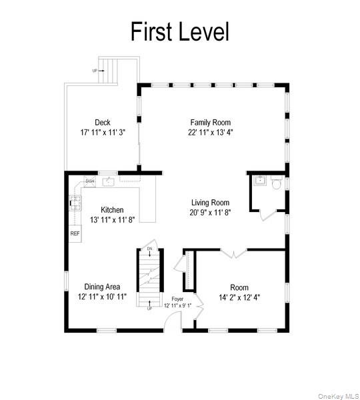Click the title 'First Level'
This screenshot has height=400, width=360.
click(179, 31)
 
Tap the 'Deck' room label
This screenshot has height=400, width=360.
click(102, 122)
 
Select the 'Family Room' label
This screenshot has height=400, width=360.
click(210, 122)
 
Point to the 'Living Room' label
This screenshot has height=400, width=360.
click(210, 203)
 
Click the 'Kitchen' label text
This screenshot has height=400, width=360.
click(112, 210)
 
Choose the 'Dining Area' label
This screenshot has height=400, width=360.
click(102, 287)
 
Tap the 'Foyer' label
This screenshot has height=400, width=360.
click(177, 299)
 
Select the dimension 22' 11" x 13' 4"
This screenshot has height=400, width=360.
click(210, 132)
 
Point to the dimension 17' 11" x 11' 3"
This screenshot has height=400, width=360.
click(102, 132)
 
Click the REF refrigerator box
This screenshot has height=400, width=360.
click(75, 233)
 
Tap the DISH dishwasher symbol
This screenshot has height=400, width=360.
click(91, 180)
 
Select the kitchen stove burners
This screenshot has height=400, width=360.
click(75, 203)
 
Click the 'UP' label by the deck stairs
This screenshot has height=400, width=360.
click(95, 70)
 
